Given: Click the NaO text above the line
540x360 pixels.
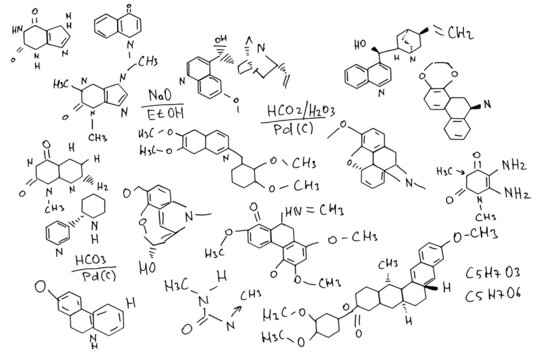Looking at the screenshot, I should [158, 94].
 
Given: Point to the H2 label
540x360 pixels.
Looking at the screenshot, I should [101, 186].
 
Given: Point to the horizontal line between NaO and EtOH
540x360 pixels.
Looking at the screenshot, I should [159, 105].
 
